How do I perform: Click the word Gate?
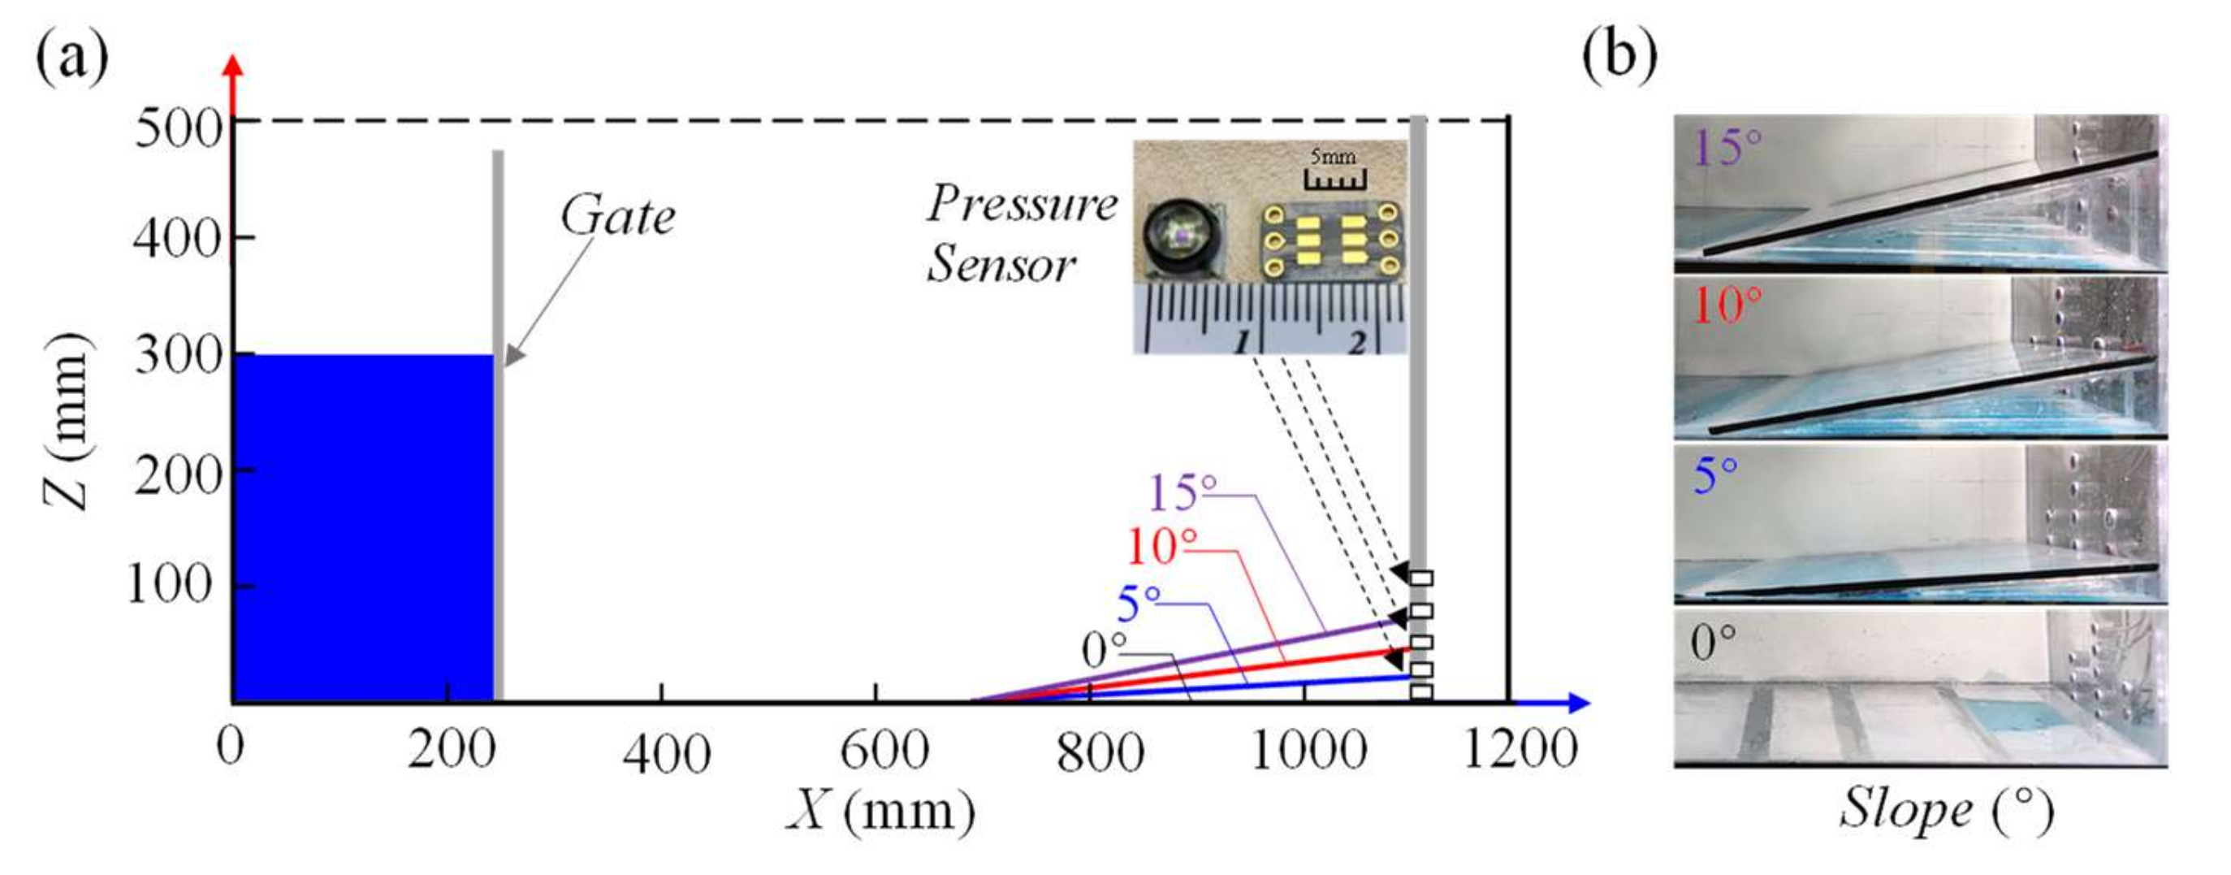pyautogui.click(x=616, y=216)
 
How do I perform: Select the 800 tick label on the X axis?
pyautogui.click(x=1100, y=752)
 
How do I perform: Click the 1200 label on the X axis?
pyautogui.click(x=1520, y=747)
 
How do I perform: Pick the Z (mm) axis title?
pyautogui.click(x=67, y=420)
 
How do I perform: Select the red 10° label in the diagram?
pyautogui.click(x=1161, y=547)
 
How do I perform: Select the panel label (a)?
pyautogui.click(x=72, y=56)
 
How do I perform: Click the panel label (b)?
pyautogui.click(x=1619, y=56)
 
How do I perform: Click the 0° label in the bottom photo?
pyautogui.click(x=1713, y=643)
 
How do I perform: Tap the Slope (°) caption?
pyautogui.click(x=1945, y=811)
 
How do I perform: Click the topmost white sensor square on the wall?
pyautogui.click(x=1421, y=578)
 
